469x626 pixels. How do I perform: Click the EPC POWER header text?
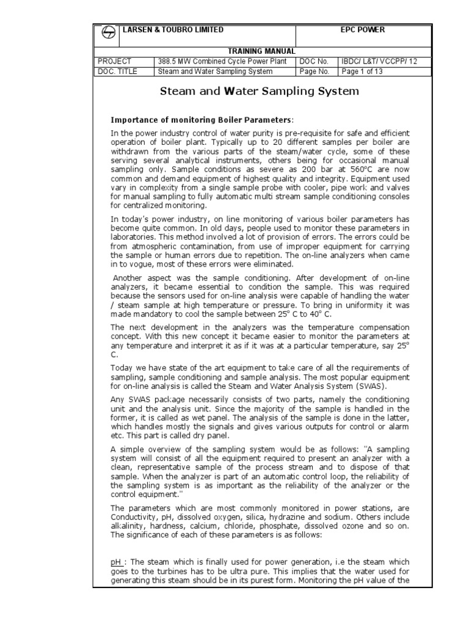362,30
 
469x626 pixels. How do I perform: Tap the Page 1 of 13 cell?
362,71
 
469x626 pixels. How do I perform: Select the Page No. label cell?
314,71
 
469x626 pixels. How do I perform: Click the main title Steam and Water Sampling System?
260,92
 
